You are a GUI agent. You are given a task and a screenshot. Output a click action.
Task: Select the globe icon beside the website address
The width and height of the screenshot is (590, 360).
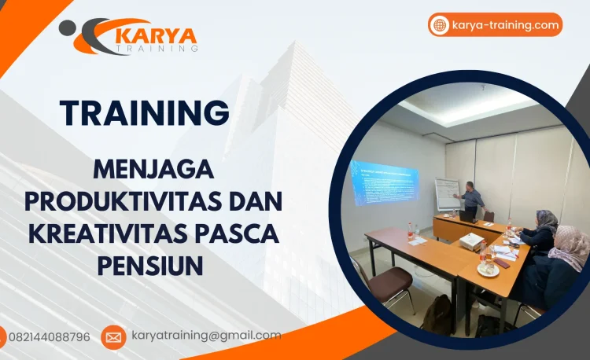[x=440, y=25]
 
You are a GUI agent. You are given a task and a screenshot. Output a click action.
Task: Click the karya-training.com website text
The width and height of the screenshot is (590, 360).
[x=506, y=25]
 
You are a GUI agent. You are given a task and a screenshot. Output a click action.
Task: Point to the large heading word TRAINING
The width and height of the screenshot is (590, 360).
[x=145, y=112]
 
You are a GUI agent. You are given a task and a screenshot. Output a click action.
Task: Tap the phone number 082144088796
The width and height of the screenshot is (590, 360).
[x=49, y=336]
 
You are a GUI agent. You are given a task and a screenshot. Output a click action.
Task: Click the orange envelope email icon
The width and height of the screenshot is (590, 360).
[x=113, y=337]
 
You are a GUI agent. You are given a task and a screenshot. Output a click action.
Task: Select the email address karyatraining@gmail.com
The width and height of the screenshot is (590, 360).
[x=206, y=336]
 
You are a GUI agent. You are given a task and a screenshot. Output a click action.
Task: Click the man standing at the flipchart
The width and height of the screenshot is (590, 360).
[x=472, y=200]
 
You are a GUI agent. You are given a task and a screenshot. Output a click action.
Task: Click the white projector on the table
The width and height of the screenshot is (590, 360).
[x=470, y=241]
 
